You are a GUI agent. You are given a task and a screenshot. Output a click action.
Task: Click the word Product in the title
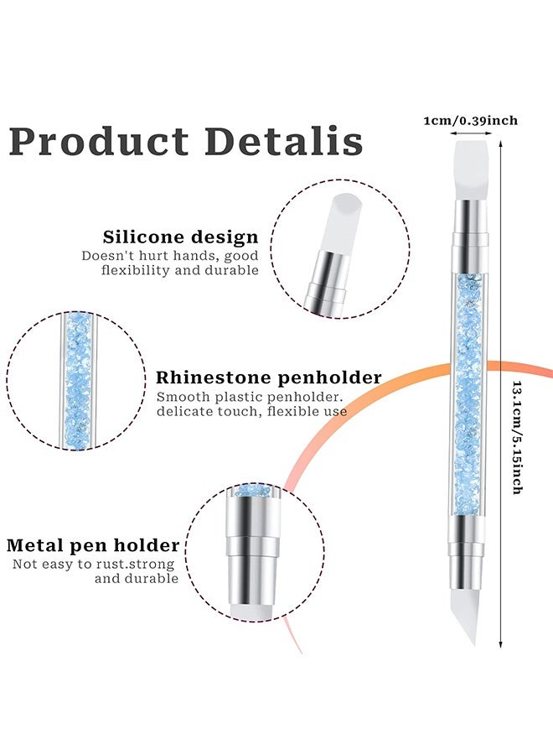[x=99, y=142]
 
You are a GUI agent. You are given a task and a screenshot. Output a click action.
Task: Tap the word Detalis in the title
[x=284, y=141]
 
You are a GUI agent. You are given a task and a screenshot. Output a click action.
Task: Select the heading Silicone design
[x=180, y=237]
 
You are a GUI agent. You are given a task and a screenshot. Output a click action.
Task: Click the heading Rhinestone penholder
[x=269, y=377]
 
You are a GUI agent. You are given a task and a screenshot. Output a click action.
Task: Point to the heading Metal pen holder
[x=93, y=545]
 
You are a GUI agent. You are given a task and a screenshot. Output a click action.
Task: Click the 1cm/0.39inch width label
[x=470, y=120]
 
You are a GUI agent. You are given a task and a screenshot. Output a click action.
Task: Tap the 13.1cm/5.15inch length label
[x=517, y=437]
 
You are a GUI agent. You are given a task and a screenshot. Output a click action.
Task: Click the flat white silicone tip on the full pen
[x=471, y=170]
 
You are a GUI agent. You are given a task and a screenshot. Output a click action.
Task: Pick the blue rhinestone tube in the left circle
[x=77, y=380]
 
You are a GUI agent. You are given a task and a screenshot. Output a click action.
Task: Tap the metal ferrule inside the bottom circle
[x=253, y=549]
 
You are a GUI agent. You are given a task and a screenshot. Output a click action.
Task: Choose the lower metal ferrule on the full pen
[x=466, y=554]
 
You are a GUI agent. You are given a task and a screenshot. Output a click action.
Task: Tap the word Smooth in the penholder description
[x=183, y=398]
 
